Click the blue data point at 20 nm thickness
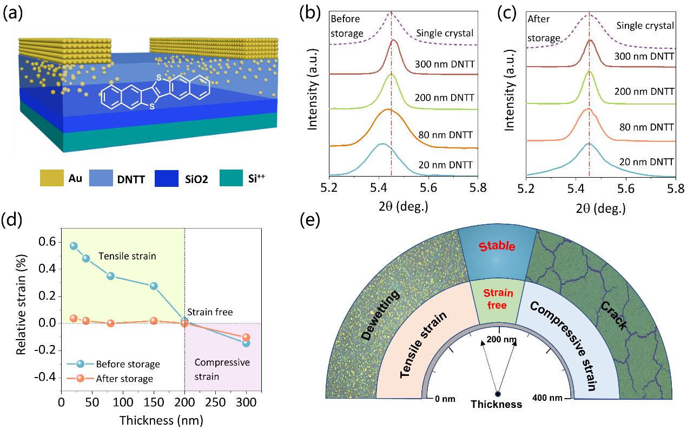74,246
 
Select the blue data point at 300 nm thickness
247,343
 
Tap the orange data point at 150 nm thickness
154,321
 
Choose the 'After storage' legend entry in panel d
124,379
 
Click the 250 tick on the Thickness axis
216,404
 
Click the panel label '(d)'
13,220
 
